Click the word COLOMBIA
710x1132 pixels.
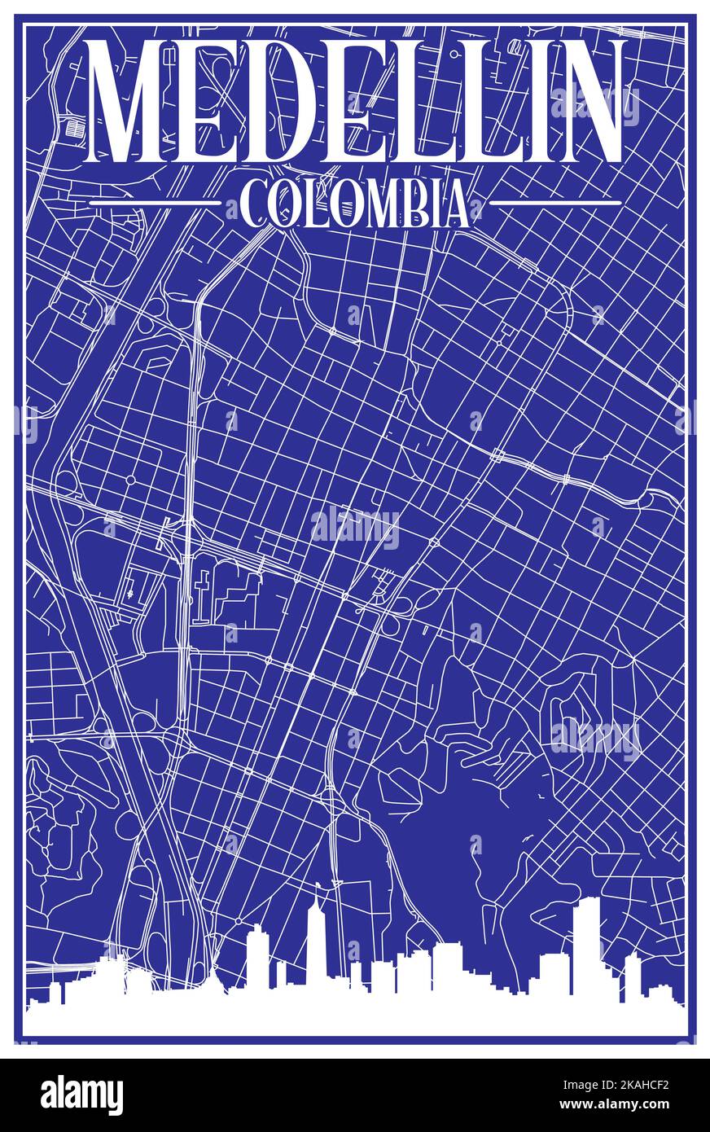tap(355, 204)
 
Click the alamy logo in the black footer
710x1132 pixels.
tap(81, 1095)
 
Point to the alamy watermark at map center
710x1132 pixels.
tap(355, 528)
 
